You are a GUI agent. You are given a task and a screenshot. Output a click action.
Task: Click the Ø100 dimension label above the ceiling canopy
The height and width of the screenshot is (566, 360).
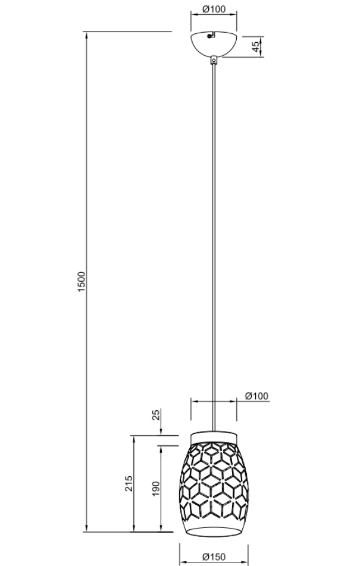click(x=214, y=10)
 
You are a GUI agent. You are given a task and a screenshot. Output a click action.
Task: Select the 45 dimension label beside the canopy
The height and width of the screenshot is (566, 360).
click(x=255, y=46)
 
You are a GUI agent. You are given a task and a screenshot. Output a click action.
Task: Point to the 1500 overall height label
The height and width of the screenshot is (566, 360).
click(x=82, y=282)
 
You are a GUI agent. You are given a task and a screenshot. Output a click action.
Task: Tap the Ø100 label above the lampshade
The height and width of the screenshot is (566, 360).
click(x=257, y=396)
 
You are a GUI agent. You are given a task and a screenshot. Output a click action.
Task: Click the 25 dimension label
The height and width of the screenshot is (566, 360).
click(x=156, y=415)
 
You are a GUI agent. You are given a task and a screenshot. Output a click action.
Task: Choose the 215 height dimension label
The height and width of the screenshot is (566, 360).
click(x=129, y=484)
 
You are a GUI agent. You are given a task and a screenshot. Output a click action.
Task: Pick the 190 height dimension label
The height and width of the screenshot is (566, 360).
click(x=155, y=489)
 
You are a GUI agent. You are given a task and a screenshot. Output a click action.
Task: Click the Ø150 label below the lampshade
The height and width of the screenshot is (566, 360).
click(x=214, y=557)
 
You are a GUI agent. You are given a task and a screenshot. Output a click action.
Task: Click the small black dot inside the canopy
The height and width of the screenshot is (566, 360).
click(x=208, y=36)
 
